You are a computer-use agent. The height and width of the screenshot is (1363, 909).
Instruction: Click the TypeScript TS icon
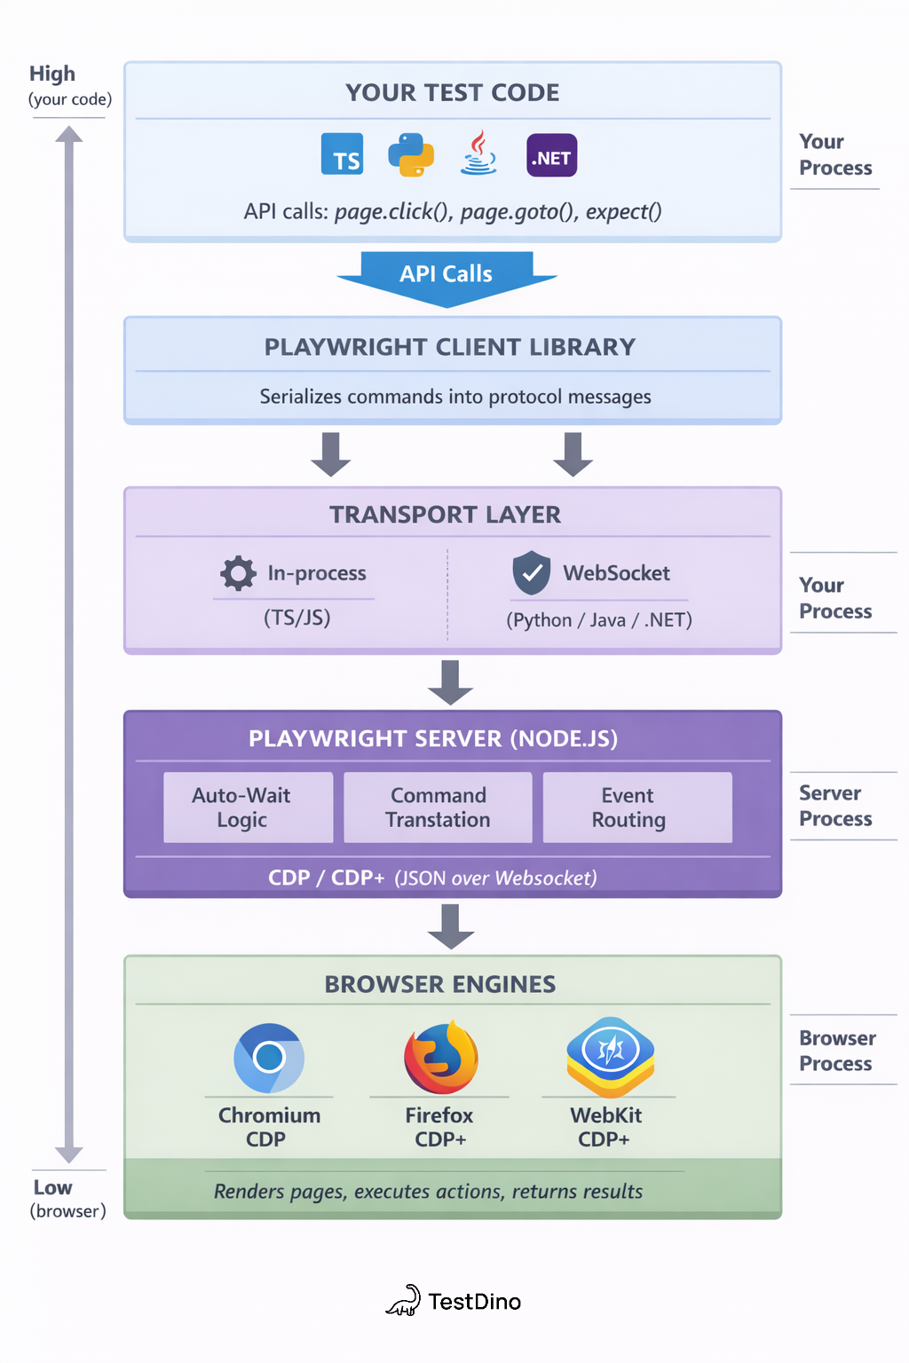point(343,154)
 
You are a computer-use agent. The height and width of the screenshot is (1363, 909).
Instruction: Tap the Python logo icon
point(411,154)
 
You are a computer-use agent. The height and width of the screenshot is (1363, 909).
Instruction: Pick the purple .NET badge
point(551,155)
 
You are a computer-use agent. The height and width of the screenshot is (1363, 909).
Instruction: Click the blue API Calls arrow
point(447,276)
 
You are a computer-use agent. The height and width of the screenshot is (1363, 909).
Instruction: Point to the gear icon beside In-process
point(238,573)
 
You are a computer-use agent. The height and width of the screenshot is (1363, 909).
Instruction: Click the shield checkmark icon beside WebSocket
point(532,572)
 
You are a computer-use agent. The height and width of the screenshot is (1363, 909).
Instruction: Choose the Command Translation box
point(438,808)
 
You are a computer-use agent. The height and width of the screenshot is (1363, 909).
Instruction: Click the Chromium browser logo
point(269,1058)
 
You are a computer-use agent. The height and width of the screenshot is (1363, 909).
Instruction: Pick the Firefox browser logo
point(440,1058)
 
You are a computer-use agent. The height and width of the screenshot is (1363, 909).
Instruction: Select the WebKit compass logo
point(611,1056)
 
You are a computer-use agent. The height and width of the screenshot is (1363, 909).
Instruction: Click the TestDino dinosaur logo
point(404,1301)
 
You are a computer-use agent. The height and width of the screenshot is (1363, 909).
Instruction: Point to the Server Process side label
point(835,806)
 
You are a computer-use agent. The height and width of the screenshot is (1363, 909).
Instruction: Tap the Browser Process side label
point(836,1051)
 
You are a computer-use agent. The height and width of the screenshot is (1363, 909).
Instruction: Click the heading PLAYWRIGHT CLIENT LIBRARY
point(450,347)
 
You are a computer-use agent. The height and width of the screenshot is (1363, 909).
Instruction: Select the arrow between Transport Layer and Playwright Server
point(451,681)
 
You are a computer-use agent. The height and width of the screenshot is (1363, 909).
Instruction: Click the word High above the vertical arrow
point(52,74)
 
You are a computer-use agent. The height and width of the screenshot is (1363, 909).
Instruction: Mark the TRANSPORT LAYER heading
point(445,515)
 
